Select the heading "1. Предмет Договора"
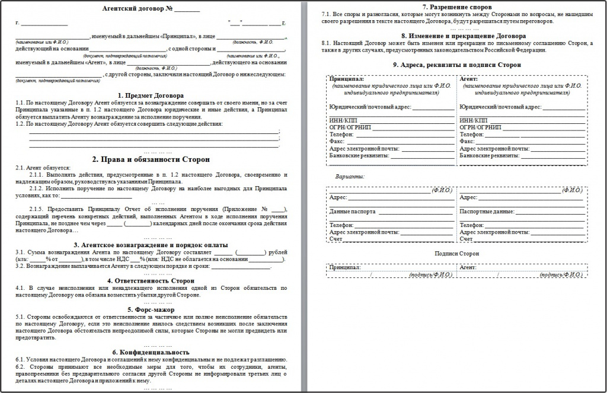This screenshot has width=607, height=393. pos(151,95)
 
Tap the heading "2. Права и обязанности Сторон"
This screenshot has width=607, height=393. pos(151,159)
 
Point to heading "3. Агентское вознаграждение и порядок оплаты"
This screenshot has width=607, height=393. pos(151,245)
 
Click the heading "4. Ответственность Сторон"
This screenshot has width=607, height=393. pos(151,280)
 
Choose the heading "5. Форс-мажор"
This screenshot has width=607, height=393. pos(151,309)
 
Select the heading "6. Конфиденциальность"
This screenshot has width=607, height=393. pos(151,353)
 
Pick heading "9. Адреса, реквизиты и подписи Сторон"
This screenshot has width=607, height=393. pos(456,65)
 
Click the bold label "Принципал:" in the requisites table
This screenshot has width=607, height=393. pos(347,79)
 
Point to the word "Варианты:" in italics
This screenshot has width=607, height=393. pos(350,177)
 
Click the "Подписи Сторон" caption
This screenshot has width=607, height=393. pos(456,254)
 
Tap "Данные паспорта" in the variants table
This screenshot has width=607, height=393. pos(350,212)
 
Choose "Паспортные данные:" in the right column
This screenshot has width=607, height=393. pos(486,212)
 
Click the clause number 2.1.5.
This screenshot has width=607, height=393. pos(38,210)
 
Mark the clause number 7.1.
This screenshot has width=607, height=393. pos(325,13)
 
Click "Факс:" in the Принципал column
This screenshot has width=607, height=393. pos(337,142)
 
